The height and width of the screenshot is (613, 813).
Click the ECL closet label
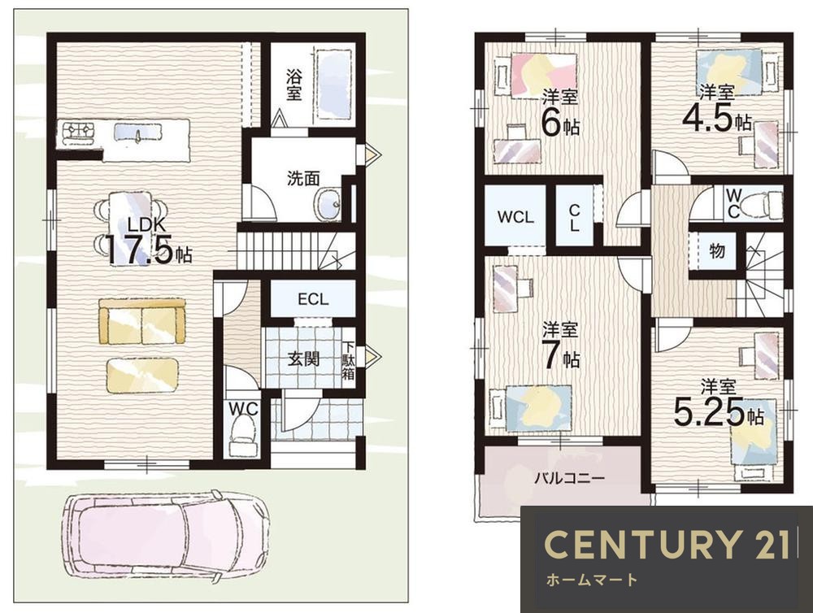pyautogui.click(x=313, y=299)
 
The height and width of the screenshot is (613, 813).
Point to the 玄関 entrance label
pyautogui.click(x=304, y=359)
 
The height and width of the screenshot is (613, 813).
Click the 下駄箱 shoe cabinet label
pyautogui.click(x=348, y=360)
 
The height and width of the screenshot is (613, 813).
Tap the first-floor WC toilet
pyautogui.click(x=242, y=436)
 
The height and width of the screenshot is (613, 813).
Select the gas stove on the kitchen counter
pyautogui.click(x=78, y=132)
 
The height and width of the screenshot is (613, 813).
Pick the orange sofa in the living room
pyautogui.click(x=141, y=321)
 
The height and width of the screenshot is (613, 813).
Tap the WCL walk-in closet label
pyautogui.click(x=515, y=217)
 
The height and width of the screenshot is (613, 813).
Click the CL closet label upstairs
pyautogui.click(x=574, y=218)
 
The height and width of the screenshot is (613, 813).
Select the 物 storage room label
pyautogui.click(x=717, y=251)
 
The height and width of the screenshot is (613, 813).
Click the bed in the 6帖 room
pyautogui.click(x=537, y=74)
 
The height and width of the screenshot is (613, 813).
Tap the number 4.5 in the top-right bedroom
pyautogui.click(x=708, y=118)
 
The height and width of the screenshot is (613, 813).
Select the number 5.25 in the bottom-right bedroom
pyautogui.click(x=709, y=414)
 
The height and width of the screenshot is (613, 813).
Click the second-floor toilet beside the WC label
pyautogui.click(x=763, y=204)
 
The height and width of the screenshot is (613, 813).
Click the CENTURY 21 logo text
pyautogui.click(x=667, y=544)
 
